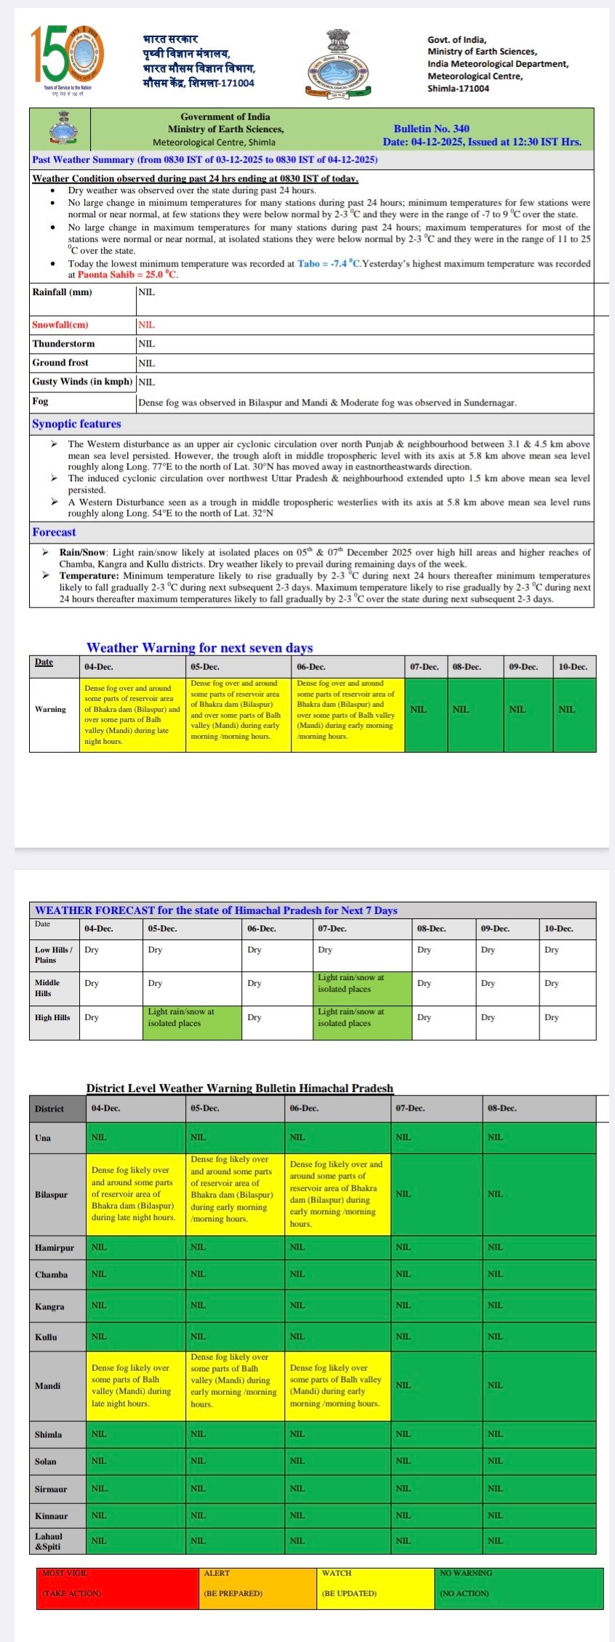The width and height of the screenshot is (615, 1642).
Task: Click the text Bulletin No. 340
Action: [431, 129]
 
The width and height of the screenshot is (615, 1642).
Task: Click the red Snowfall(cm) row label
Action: [60, 325]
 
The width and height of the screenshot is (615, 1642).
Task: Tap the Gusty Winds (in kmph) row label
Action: [82, 381]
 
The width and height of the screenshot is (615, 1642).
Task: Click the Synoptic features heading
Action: [76, 424]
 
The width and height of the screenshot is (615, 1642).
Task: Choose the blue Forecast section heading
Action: [54, 532]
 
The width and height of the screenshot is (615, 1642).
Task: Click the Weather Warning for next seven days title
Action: [199, 647]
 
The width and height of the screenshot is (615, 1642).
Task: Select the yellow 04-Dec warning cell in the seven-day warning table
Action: [132, 714]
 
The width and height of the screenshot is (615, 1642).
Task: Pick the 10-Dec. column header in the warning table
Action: [573, 666]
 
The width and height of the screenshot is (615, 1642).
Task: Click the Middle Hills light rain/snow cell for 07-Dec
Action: [362, 988]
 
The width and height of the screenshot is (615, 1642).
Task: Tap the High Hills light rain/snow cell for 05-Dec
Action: [192, 1022]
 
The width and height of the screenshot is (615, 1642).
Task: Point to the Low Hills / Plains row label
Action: [54, 955]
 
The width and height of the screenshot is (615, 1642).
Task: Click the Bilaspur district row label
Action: [51, 1194]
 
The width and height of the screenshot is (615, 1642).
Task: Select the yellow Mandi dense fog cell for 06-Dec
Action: [338, 1385]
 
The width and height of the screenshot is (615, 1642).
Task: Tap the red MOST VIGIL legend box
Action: [118, 1588]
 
